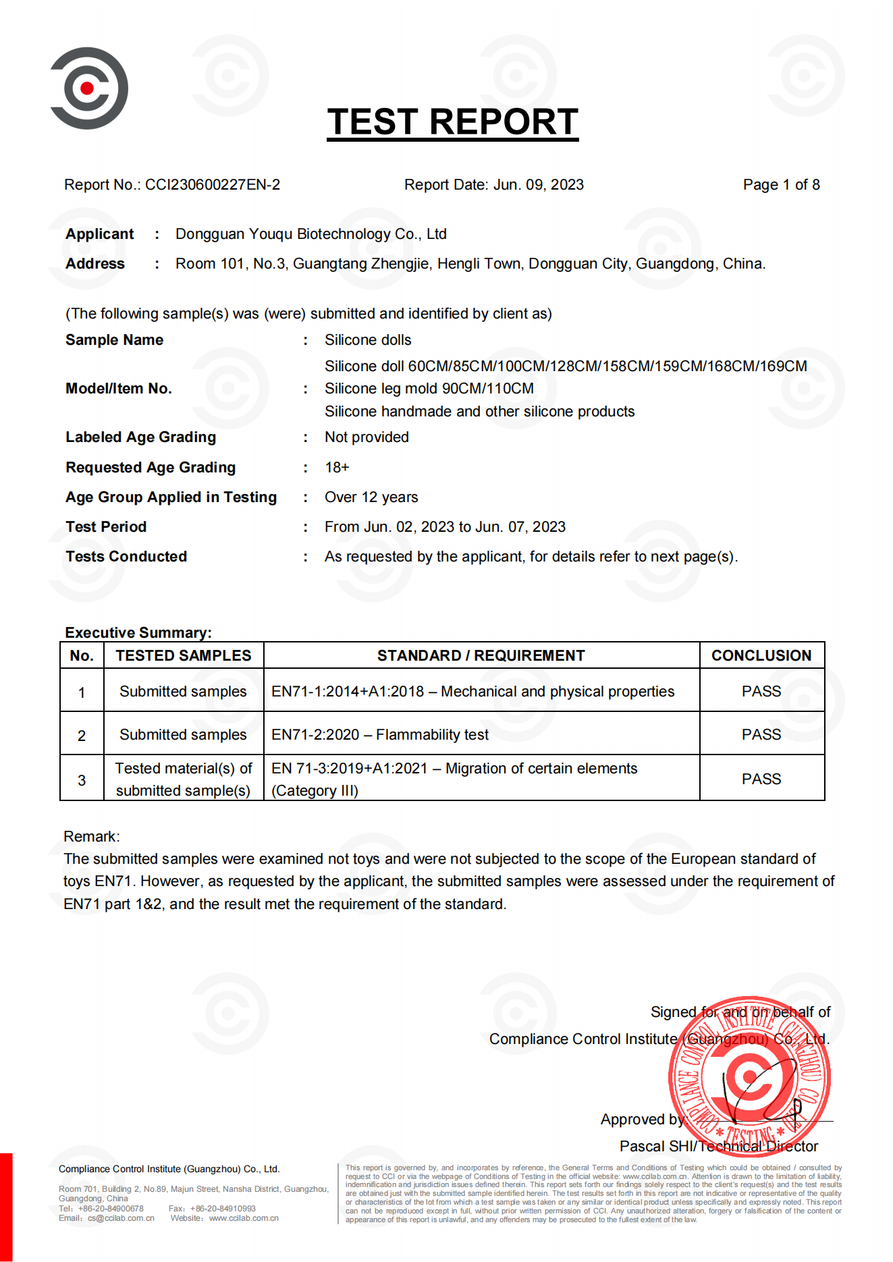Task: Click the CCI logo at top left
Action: [88, 88]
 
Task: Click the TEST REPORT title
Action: [452, 122]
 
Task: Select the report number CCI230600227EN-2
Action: [213, 185]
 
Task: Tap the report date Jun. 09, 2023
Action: [538, 185]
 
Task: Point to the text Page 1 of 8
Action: [781, 185]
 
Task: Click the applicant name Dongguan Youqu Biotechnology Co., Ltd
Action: [310, 234]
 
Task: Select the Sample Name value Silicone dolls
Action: [368, 340]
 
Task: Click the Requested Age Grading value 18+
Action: [337, 468]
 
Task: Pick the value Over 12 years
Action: [371, 497]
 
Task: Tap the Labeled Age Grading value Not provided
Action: [367, 437]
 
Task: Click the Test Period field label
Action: [106, 527]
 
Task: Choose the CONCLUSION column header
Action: [761, 656]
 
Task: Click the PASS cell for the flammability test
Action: [761, 735]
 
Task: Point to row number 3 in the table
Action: [82, 780]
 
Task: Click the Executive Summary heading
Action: [138, 633]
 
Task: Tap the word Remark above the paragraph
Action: [91, 837]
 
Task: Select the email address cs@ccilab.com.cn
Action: [121, 1218]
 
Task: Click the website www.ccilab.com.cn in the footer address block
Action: [244, 1218]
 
